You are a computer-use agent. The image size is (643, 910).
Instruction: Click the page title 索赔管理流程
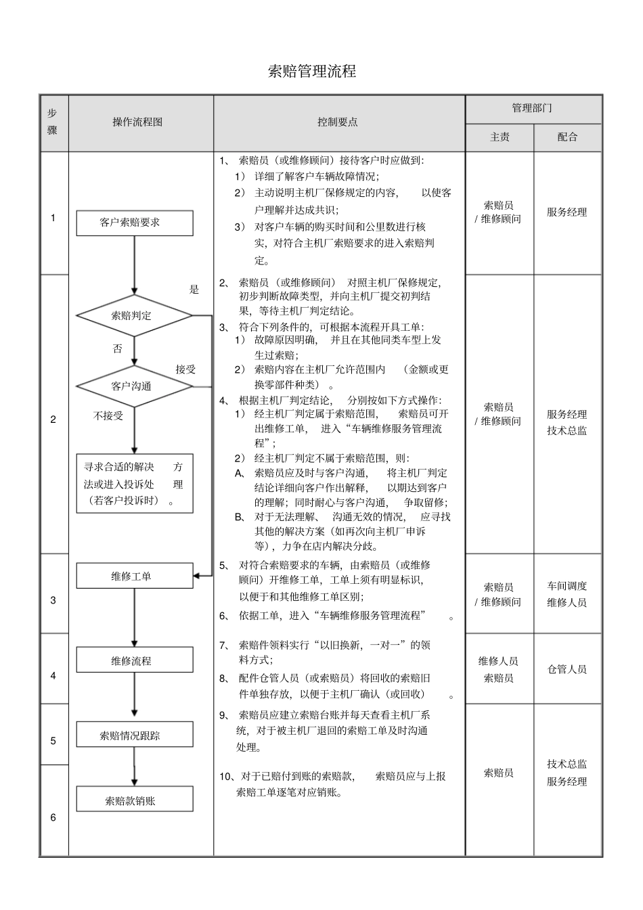(x=312, y=72)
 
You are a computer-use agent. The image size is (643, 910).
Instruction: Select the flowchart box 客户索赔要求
(x=134, y=223)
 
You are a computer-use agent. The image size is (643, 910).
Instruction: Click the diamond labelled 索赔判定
(x=134, y=315)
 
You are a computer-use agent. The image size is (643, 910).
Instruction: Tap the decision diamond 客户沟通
(x=134, y=386)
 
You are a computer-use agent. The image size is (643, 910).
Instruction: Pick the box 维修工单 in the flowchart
(x=134, y=576)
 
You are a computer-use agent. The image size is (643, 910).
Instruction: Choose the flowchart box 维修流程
(x=134, y=660)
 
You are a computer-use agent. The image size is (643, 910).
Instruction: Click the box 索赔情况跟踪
(x=134, y=735)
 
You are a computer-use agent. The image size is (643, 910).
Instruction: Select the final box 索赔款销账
(x=134, y=800)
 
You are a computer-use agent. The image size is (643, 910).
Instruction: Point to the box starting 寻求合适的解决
(x=134, y=483)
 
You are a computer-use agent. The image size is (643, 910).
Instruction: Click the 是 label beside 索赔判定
(x=194, y=290)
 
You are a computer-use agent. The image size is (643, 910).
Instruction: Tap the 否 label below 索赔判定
(x=118, y=349)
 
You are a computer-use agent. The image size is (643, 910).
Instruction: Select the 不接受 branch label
(x=108, y=416)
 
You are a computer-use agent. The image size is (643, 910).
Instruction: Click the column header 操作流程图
(x=138, y=122)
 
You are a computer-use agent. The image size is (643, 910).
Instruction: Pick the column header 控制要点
(x=338, y=122)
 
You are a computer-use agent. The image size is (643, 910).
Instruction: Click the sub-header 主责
(x=500, y=137)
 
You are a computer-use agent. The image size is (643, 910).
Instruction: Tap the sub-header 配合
(x=567, y=137)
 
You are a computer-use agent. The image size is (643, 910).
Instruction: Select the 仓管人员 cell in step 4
(x=567, y=669)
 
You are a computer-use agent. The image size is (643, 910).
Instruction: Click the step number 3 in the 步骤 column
(x=53, y=600)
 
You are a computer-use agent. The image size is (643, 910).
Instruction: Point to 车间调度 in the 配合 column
(x=567, y=586)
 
